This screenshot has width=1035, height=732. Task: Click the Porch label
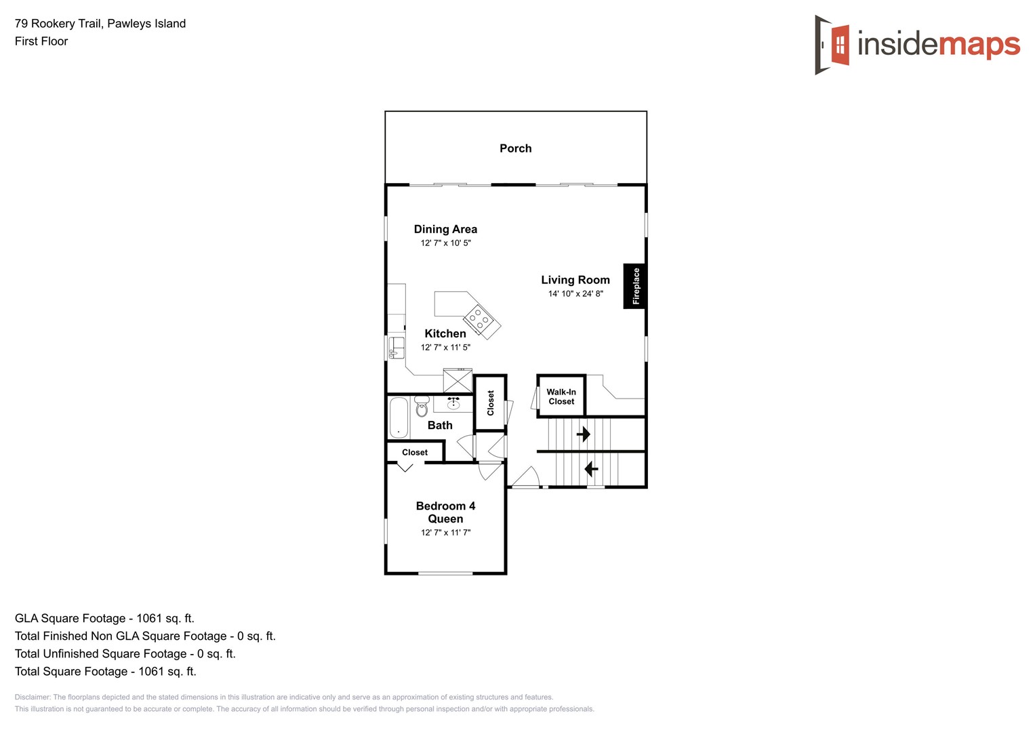pyautogui.click(x=515, y=148)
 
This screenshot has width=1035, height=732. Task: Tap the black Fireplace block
pyautogui.click(x=634, y=286)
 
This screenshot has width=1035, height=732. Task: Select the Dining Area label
pyautogui.click(x=445, y=229)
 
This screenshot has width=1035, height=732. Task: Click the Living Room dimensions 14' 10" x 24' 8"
pyautogui.click(x=575, y=293)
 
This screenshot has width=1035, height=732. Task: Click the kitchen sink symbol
pyautogui.click(x=397, y=348)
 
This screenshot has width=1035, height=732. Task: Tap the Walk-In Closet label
pyautogui.click(x=561, y=396)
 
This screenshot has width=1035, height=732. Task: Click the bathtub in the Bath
pyautogui.click(x=399, y=418)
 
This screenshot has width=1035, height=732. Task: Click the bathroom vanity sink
pyautogui.click(x=453, y=404)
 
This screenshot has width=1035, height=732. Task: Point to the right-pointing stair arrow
pyautogui.click(x=583, y=434)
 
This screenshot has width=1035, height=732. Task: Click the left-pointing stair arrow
pyautogui.click(x=591, y=468)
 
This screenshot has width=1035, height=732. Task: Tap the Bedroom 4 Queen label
pyautogui.click(x=445, y=512)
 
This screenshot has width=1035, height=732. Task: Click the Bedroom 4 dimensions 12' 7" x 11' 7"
pyautogui.click(x=445, y=533)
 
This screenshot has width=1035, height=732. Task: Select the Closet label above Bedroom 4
pyautogui.click(x=415, y=453)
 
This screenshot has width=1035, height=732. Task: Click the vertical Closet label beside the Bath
pyautogui.click(x=491, y=403)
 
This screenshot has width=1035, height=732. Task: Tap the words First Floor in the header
pyautogui.click(x=41, y=41)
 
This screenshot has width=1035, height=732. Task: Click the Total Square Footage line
pyautogui.click(x=106, y=672)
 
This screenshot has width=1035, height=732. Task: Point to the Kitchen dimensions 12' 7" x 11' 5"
pyautogui.click(x=445, y=348)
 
